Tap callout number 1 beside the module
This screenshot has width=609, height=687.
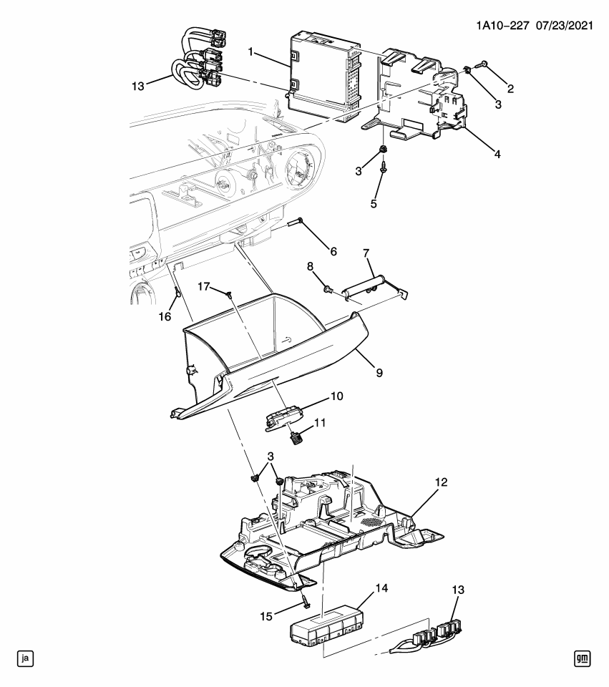pos(250,52)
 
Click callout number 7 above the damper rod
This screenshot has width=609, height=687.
pos(366,253)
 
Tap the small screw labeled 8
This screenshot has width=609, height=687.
pos(328,289)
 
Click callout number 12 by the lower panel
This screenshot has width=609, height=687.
pos(441,482)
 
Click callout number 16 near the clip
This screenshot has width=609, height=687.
pos(165,316)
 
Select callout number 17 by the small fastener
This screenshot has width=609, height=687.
pos(204,286)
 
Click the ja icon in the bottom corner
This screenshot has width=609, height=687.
pos(26,658)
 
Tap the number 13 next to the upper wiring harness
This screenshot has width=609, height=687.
pos(137,86)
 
